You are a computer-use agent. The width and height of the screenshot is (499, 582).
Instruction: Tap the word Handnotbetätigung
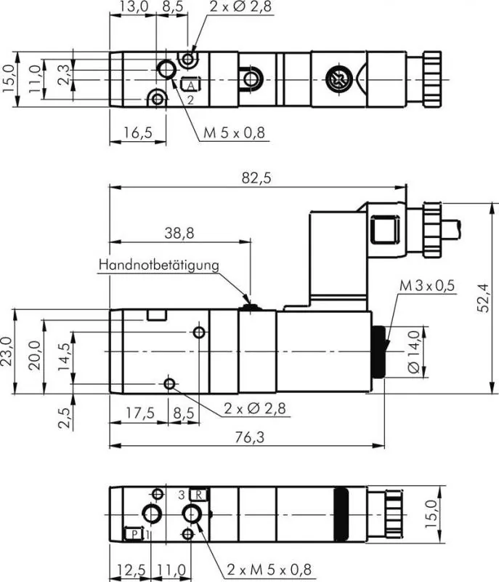coord(158,265)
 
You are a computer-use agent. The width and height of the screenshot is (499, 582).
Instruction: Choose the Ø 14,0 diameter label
coord(413,351)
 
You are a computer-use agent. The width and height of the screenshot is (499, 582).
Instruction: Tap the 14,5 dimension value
coord(65,357)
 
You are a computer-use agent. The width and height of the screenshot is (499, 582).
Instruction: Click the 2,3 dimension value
coord(65,73)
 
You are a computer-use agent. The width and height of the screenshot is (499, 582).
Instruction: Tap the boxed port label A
coord(190,86)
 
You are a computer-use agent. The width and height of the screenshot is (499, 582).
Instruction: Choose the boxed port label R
coord(200,495)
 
